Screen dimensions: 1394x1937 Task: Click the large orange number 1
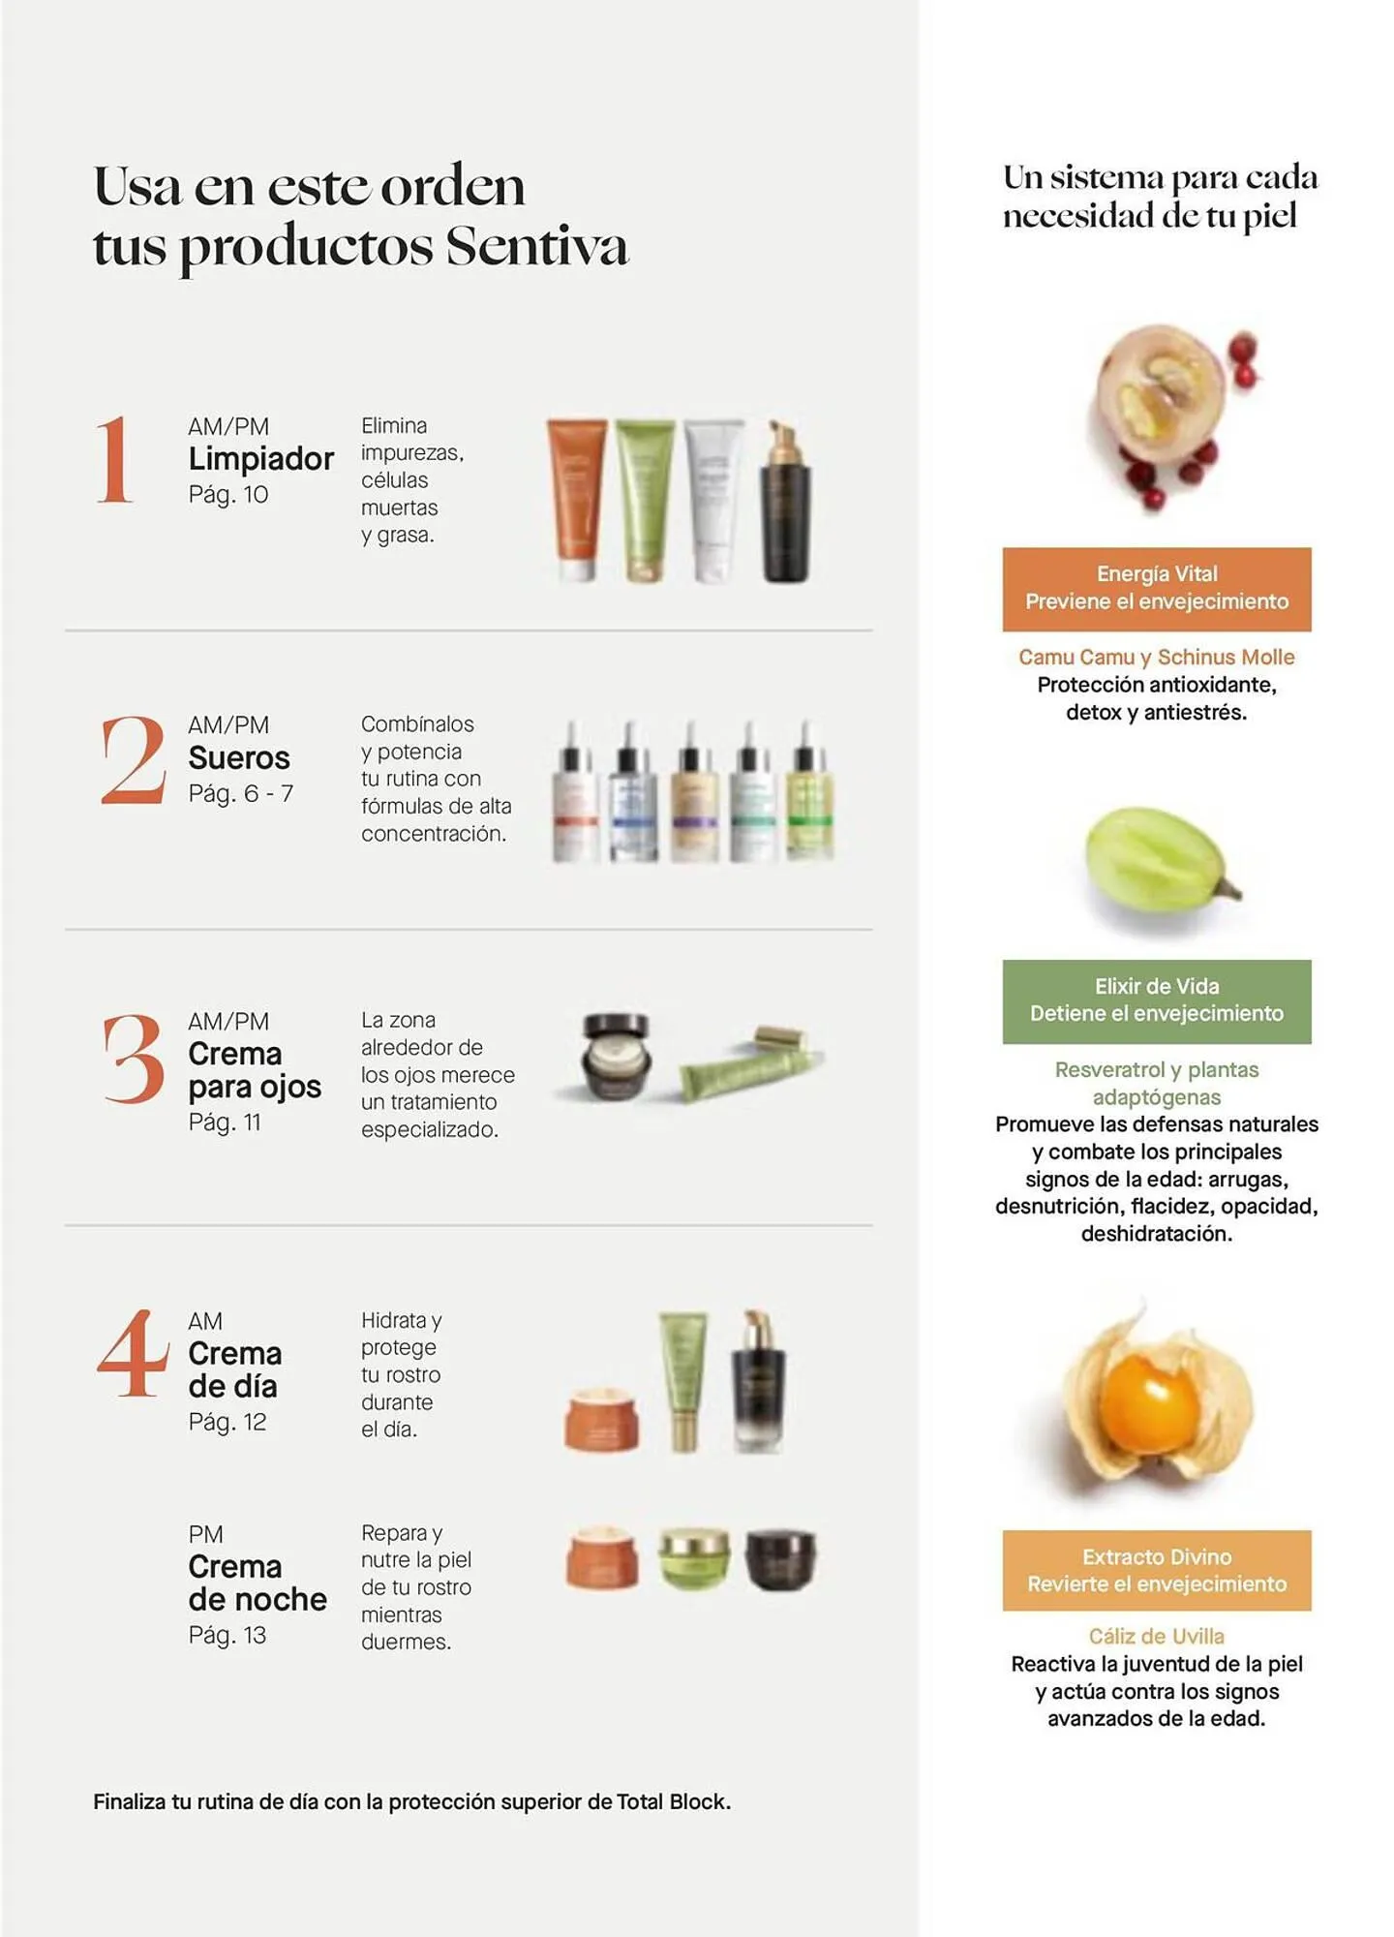(114, 460)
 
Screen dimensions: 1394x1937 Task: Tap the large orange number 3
(134, 1059)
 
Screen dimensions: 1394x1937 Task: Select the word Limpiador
(261, 459)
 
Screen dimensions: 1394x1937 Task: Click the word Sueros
(239, 757)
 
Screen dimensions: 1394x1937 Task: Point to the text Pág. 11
(225, 1122)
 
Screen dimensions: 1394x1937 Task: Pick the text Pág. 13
(227, 1636)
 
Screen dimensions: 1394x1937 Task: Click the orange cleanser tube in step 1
(577, 500)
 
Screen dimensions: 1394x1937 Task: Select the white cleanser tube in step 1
(714, 502)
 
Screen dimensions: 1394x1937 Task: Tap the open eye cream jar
(617, 1056)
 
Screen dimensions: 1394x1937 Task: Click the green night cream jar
(694, 1559)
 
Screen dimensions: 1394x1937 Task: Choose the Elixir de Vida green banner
(1157, 1001)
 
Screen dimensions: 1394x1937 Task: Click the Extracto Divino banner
(1157, 1571)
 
